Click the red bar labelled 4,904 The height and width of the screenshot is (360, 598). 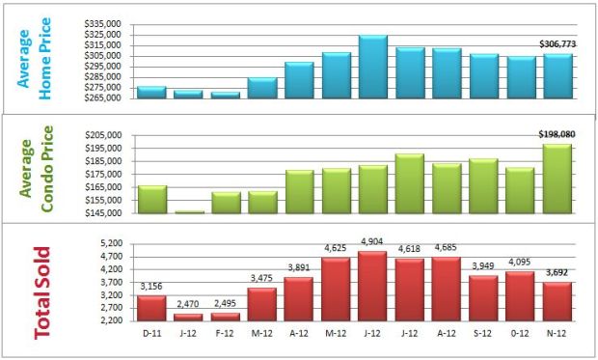click(x=372, y=286)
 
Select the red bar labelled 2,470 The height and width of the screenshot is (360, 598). click(x=188, y=317)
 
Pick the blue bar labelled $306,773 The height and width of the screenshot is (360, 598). click(x=557, y=75)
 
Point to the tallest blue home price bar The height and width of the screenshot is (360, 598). click(x=372, y=66)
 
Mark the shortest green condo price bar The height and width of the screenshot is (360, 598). click(x=188, y=211)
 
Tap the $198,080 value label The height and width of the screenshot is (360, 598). click(x=557, y=135)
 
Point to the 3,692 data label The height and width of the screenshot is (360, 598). click(x=557, y=274)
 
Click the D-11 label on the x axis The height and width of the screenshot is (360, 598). click(x=151, y=334)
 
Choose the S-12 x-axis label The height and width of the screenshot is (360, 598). click(x=483, y=334)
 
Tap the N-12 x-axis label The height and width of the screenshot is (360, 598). click(x=557, y=334)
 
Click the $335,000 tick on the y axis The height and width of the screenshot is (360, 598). click(x=103, y=23)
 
